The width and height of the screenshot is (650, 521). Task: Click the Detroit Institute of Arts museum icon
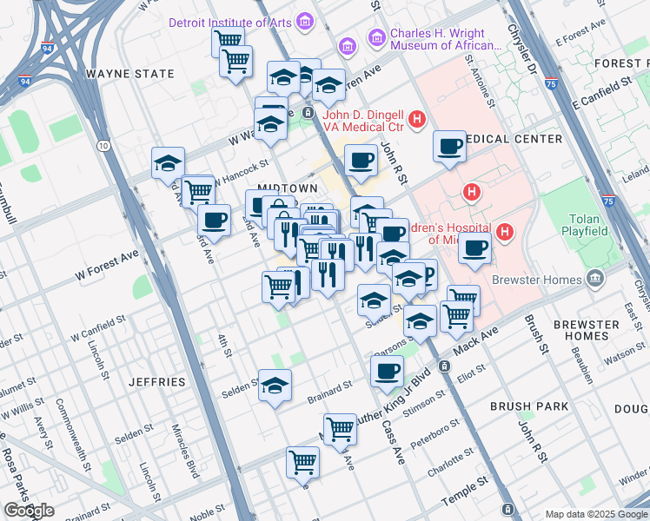(304, 20)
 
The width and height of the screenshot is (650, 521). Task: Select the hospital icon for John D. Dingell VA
(417, 118)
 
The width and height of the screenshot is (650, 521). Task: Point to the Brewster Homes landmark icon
(595, 280)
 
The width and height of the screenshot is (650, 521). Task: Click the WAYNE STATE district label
(130, 74)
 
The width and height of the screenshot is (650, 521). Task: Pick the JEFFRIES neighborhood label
(157, 382)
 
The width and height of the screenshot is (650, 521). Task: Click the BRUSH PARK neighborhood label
(529, 406)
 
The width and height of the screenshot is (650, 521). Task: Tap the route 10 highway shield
(103, 146)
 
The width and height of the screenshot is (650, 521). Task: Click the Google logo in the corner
(30, 511)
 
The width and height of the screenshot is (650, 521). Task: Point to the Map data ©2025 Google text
(596, 514)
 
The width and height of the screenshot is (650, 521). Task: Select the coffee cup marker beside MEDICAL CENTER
(449, 147)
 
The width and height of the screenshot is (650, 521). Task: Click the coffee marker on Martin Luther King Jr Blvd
(387, 372)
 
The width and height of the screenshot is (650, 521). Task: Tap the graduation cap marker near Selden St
(275, 386)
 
